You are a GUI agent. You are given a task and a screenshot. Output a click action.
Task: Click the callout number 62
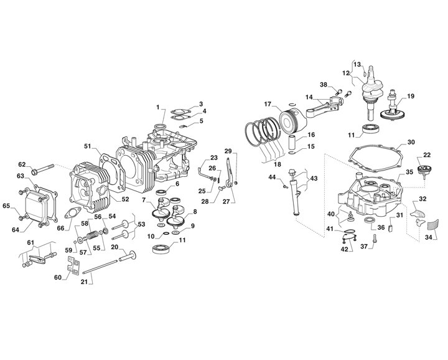[22, 164]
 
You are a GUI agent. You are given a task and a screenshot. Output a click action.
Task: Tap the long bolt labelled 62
[42, 169]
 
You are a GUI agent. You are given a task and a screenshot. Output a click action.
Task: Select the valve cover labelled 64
[35, 205]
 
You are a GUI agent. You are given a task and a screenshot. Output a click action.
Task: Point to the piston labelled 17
[293, 121]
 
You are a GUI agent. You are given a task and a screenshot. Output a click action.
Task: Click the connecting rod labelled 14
[324, 107]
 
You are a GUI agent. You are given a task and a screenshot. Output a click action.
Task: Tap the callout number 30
[411, 142]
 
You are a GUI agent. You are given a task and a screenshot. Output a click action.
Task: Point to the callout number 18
[277, 164]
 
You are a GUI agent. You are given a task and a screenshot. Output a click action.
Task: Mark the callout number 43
[314, 179]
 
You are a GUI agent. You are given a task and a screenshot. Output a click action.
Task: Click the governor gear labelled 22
[424, 171]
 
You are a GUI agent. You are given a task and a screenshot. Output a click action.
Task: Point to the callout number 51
[88, 146]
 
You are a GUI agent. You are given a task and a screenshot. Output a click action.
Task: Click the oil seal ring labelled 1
[160, 126]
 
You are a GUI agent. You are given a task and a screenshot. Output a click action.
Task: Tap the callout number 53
[141, 224]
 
